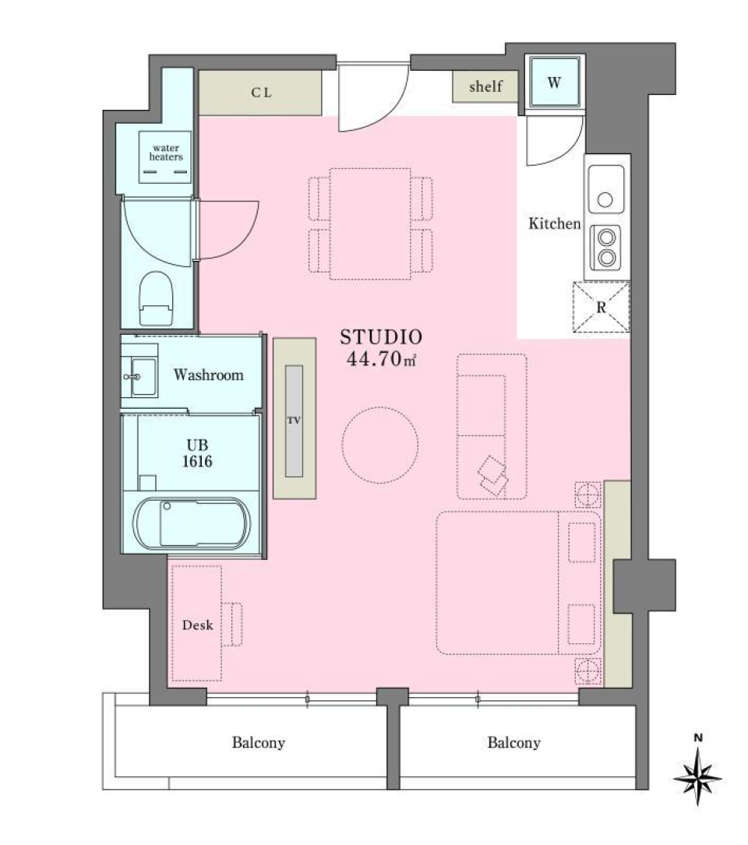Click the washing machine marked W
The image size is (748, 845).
554,83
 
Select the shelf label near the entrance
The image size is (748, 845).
485,86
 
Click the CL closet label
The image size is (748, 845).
261,93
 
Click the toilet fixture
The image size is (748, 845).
156,298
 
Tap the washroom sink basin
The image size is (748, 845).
143,377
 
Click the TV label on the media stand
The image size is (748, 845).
294,421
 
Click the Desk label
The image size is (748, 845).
197,625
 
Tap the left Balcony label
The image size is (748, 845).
258,743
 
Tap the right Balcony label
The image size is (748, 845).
513,743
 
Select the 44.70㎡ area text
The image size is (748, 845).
381,359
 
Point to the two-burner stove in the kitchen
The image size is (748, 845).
605,247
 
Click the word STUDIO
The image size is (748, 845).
381,337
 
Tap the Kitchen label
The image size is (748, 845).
555,224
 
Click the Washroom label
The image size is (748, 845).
208,375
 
